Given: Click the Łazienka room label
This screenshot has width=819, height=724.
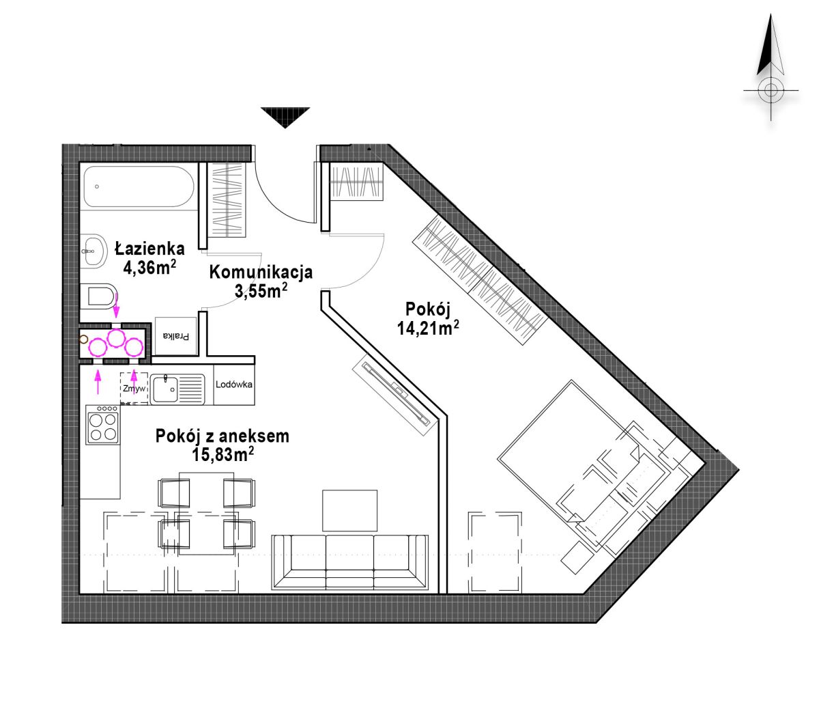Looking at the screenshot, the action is (149, 249).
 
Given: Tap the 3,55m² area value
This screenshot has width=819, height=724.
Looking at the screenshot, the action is (261, 290).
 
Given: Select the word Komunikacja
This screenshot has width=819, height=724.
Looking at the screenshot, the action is (261, 272).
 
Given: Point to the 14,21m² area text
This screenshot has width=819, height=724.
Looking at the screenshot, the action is (428, 327).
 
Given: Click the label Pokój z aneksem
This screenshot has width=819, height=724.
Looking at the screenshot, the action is (222, 436).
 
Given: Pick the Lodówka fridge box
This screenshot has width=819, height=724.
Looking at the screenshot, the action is (234, 385).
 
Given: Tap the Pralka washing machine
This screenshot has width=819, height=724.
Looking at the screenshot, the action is (176, 336).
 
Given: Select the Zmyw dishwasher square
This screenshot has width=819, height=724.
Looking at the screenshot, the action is (134, 388).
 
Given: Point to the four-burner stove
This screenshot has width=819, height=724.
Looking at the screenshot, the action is (102, 425).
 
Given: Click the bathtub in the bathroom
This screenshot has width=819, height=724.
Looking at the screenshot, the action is (139, 186).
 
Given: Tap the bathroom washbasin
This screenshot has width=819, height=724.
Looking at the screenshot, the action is (94, 251).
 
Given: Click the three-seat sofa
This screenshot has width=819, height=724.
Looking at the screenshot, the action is (349, 561).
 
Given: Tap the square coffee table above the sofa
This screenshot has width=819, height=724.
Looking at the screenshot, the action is (349, 511).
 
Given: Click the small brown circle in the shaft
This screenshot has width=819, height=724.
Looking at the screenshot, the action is (84, 339).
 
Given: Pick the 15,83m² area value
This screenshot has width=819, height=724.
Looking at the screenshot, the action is (222, 454).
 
